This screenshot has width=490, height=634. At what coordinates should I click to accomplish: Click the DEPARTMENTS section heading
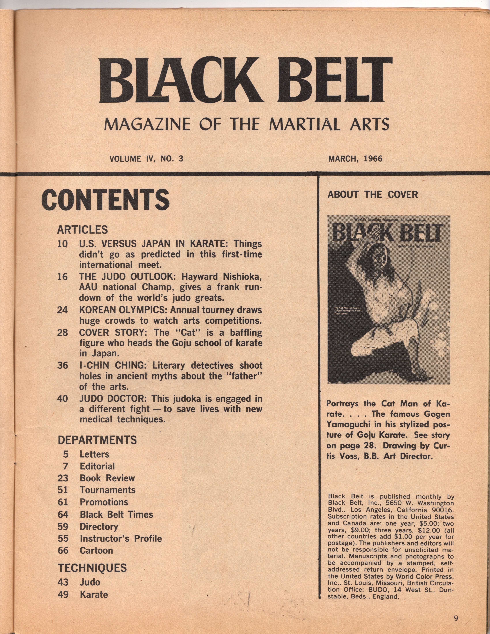[x=97, y=440]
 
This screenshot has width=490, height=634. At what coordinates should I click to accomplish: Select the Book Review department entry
[x=107, y=478]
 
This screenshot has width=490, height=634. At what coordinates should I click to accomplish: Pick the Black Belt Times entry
[x=116, y=514]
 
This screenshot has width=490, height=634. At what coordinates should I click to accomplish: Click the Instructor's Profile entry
[x=120, y=538]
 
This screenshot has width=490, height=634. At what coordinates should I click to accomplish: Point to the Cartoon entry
[x=96, y=550]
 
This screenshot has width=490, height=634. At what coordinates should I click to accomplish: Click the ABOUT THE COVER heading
[x=372, y=195]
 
